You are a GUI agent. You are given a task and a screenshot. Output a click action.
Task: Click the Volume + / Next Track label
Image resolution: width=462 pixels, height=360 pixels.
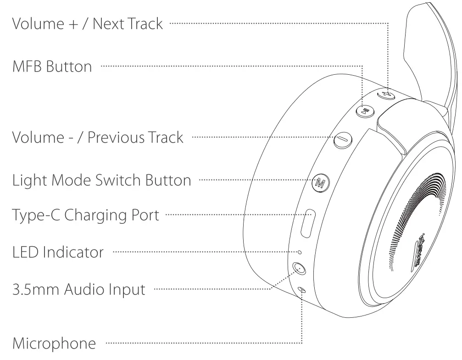tap(87, 23)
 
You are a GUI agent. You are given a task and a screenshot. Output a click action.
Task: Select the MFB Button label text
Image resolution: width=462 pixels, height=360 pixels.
tap(52, 67)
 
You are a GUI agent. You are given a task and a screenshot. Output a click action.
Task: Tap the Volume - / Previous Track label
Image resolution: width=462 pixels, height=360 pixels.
tap(97, 137)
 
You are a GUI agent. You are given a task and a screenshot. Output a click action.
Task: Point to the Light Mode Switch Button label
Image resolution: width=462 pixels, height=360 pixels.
tap(101, 180)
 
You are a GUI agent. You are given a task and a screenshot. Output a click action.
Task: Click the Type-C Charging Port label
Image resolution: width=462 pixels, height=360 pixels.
tap(86, 215)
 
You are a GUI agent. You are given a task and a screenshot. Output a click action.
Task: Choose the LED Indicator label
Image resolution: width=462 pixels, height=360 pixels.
tap(58, 252)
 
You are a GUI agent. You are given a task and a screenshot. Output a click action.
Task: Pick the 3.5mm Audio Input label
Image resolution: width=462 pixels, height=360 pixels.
tap(78, 289)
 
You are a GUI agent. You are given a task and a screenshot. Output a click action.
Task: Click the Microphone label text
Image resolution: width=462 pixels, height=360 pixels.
tap(54, 343)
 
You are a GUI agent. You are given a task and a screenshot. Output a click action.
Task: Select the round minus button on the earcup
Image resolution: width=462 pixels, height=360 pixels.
tap(342, 140)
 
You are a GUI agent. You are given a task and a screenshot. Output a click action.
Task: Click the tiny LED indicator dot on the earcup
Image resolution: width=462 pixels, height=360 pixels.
tap(300, 252)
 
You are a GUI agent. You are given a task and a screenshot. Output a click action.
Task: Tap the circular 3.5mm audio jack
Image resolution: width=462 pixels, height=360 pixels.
tap(299, 269)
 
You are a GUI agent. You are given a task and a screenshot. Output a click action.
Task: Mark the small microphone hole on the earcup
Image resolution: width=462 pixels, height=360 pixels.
tap(302, 290)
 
